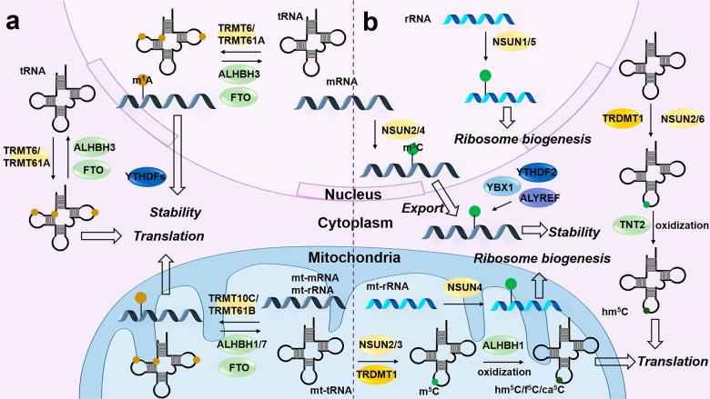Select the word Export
point(420,209)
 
